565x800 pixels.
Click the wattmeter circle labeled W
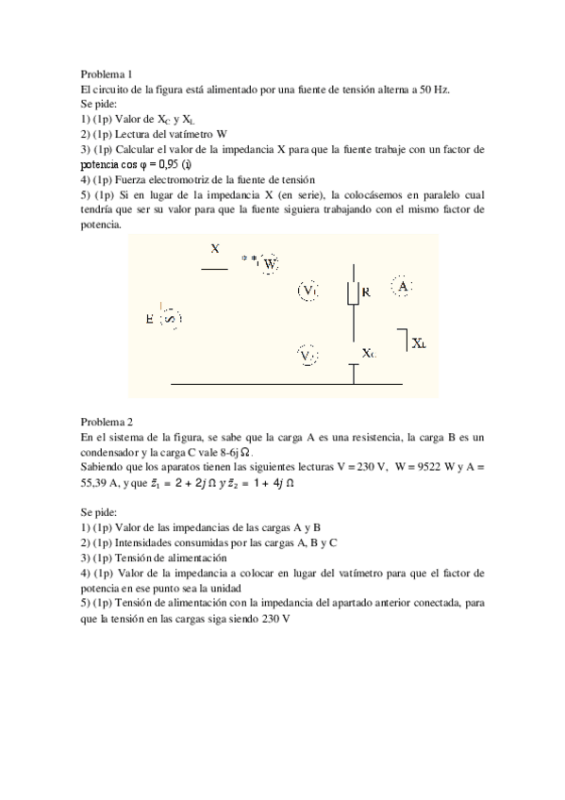click(x=270, y=264)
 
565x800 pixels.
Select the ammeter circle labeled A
click(x=403, y=285)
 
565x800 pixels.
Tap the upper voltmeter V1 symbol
click(x=309, y=291)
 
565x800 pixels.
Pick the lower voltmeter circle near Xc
click(x=307, y=356)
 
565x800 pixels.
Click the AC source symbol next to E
click(x=171, y=319)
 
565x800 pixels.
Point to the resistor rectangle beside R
click(x=354, y=292)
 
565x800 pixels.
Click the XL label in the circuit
click(x=418, y=344)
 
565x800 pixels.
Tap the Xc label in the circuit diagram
click(x=369, y=353)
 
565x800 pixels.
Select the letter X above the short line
click(x=215, y=249)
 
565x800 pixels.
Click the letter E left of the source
click(x=150, y=320)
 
